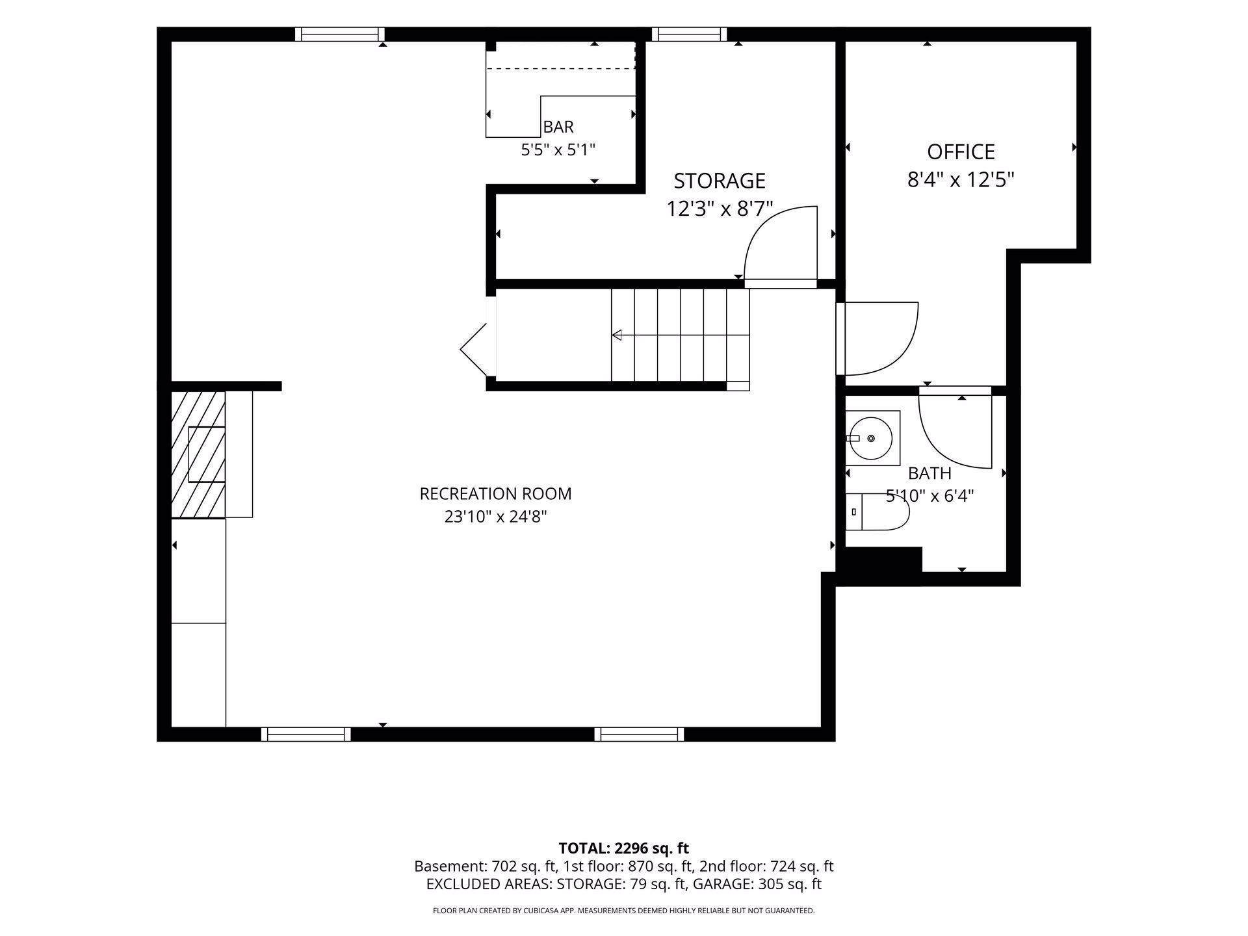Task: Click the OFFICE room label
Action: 961,152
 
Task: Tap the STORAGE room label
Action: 720,181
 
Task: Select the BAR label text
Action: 558,127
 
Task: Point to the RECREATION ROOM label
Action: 495,494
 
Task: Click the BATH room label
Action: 929,473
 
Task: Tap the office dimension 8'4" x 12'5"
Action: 961,179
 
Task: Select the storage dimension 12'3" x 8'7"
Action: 720,209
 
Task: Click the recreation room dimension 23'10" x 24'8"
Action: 495,517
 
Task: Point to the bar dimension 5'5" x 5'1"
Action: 558,150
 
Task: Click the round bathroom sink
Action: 871,438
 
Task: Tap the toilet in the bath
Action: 877,512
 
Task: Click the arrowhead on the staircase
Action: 617,335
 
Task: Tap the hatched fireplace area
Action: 198,454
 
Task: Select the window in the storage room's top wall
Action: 689,34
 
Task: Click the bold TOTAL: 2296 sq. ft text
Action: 623,848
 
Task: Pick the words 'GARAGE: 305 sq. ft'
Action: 757,884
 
